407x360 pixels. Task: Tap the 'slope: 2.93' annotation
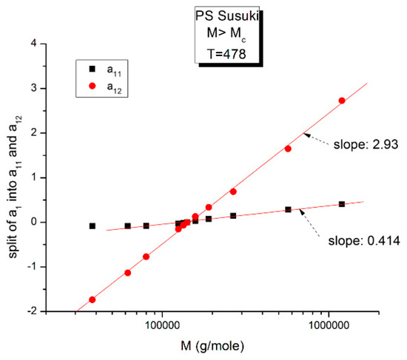tap(366, 144)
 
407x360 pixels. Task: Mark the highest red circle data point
tap(342, 101)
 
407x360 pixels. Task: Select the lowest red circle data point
tap(92, 299)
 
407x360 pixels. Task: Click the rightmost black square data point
tap(342, 204)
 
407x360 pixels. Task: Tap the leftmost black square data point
tap(92, 226)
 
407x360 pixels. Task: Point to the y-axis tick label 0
tap(54, 222)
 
